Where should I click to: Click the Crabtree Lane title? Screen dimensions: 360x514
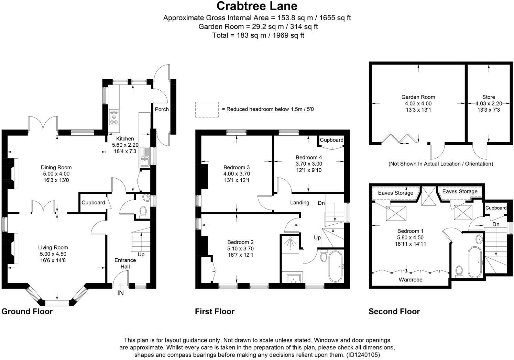click(257, 6)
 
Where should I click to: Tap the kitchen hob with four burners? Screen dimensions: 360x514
click(114, 117)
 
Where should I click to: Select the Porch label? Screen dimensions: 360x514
click(162, 109)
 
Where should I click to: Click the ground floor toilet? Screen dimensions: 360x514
click(143, 212)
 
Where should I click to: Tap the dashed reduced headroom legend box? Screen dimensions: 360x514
click(207, 109)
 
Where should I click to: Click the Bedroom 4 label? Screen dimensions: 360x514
click(309, 158)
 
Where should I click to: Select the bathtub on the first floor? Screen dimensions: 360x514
click(336, 266)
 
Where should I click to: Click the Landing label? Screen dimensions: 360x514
click(299, 203)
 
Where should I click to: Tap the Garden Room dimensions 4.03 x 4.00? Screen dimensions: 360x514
click(418, 103)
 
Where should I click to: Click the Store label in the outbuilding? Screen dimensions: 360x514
click(489, 97)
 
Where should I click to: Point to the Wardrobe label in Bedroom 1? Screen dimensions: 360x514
click(411, 280)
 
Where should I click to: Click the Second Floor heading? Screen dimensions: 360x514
click(394, 312)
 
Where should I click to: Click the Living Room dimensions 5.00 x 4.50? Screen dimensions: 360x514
click(53, 254)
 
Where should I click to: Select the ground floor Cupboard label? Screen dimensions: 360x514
click(93, 203)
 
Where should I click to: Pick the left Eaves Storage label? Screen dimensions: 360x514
click(395, 193)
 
